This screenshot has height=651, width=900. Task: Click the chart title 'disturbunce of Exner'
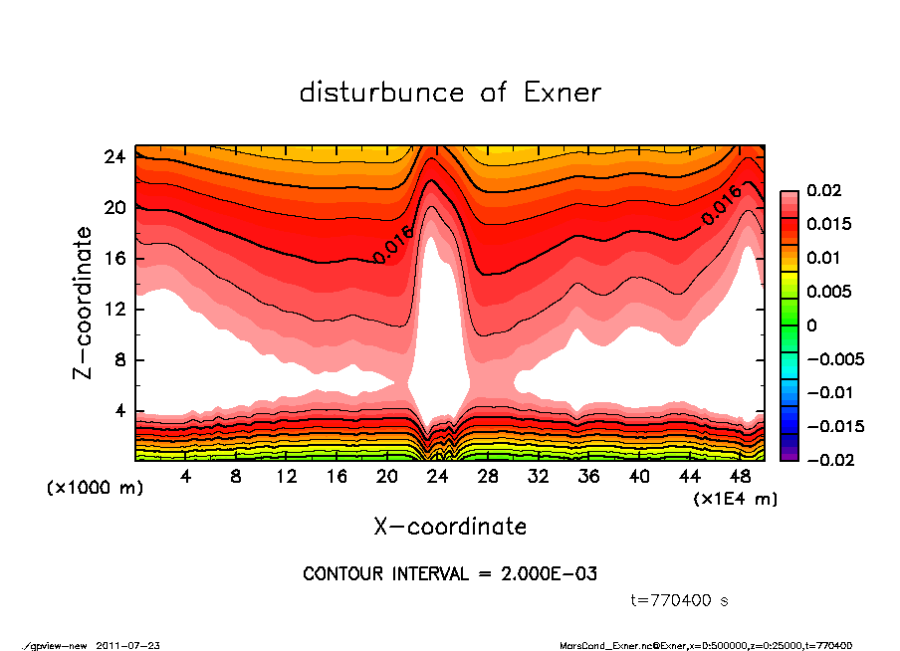(450, 94)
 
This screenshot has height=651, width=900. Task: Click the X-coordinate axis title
(450, 526)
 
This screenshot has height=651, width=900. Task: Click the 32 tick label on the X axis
(540, 477)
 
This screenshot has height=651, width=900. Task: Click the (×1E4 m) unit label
(736, 498)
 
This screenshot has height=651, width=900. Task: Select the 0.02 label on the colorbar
(824, 190)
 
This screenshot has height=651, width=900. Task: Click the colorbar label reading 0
(811, 325)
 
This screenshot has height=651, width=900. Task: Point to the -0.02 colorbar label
(828, 460)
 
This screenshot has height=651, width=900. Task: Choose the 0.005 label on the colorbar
(828, 292)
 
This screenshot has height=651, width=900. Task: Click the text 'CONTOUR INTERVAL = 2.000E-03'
(450, 574)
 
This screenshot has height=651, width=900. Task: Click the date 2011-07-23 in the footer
(128, 646)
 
